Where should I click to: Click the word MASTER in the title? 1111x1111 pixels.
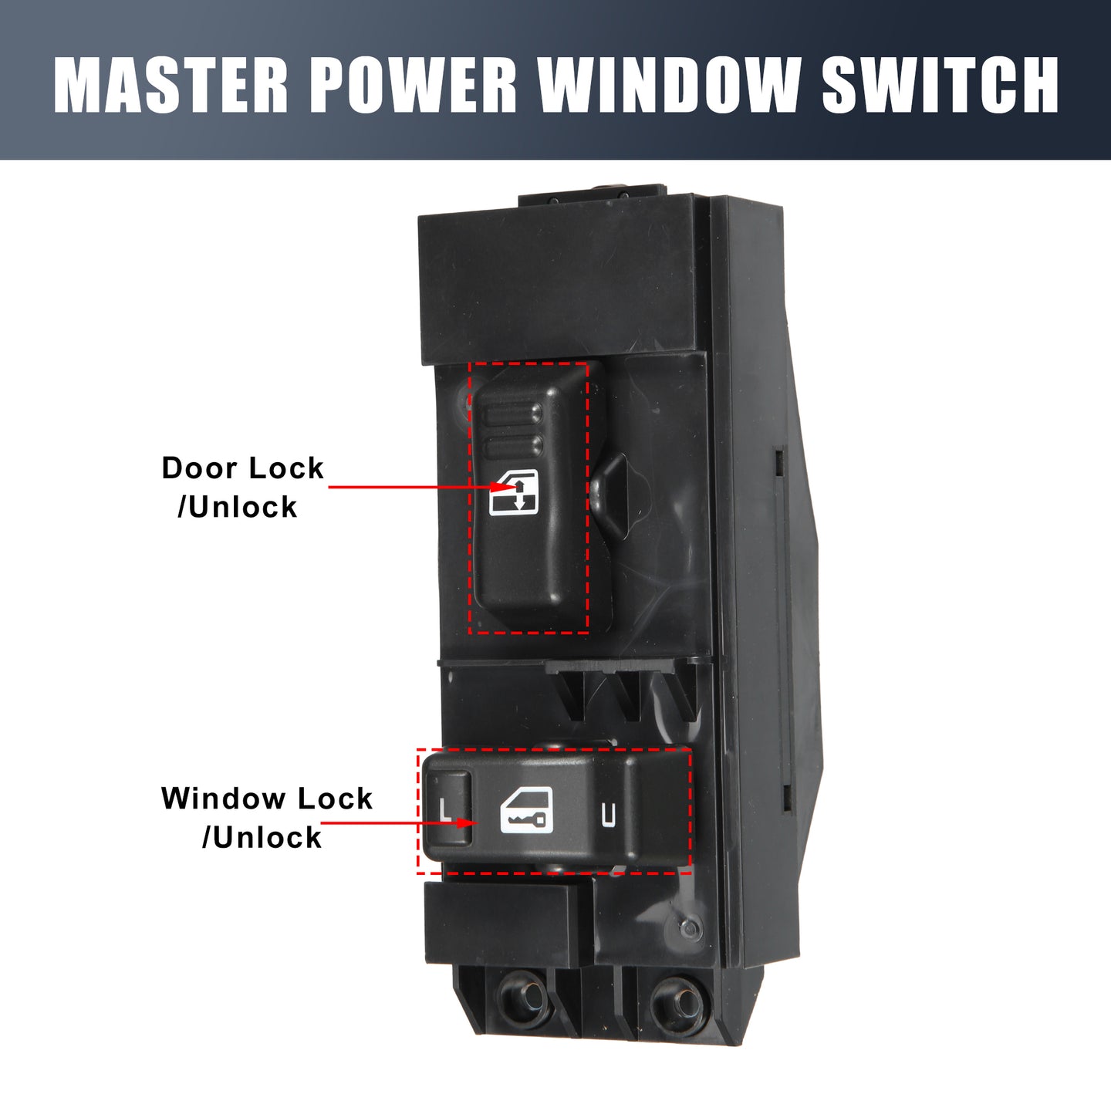pos(171,85)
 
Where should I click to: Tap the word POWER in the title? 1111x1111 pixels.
pos(414,85)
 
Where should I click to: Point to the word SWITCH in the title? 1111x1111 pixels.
pos(939,85)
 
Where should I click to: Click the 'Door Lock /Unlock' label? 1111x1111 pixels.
pos(243,487)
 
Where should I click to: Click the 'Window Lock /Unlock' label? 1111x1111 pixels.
pos(267,817)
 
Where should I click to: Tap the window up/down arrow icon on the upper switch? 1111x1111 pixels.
pos(513,491)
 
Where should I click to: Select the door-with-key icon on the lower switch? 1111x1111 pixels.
pos(526,810)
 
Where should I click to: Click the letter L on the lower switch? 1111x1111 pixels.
pos(444,809)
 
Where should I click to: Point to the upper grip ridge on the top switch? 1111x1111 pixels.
pos(513,414)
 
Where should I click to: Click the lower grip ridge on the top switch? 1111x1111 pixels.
pos(513,446)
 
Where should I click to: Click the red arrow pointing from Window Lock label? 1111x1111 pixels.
pos(398,822)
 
